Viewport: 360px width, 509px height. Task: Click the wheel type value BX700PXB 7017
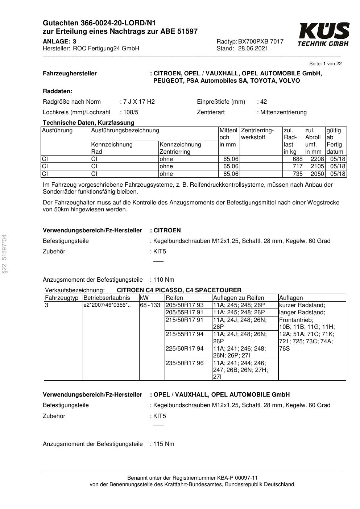point(261,41)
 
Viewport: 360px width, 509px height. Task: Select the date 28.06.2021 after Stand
point(253,49)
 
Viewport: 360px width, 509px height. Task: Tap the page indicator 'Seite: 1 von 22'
point(325,64)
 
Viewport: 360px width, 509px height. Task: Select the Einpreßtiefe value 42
point(263,102)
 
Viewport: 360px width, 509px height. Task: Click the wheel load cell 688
point(297,159)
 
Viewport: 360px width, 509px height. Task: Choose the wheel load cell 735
point(297,174)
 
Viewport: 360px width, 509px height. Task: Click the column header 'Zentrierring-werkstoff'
point(257,134)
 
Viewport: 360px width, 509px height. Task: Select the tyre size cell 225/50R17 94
point(185,349)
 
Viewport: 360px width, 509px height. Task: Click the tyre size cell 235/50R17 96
point(185,363)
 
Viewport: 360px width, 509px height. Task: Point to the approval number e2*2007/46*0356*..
point(105,305)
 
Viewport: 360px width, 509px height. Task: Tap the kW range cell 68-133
point(150,305)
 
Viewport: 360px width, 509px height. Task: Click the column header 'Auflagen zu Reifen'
point(239,298)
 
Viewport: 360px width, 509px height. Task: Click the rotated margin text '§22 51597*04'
point(4,254)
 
